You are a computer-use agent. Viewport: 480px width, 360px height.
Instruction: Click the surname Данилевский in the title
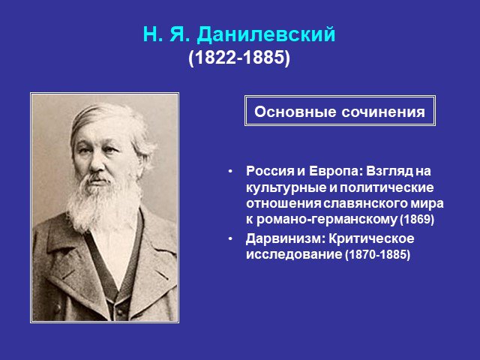click(266, 34)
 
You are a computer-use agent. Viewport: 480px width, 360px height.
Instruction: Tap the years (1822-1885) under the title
click(239, 57)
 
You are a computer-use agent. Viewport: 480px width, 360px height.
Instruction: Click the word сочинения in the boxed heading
click(383, 112)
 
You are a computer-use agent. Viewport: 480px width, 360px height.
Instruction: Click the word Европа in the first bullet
click(335, 171)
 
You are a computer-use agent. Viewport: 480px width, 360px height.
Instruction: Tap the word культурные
click(286, 187)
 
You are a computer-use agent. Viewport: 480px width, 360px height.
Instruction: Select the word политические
click(386, 187)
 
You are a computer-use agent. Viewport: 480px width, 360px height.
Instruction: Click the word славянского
click(364, 203)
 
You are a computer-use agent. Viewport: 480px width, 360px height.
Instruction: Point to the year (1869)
click(417, 220)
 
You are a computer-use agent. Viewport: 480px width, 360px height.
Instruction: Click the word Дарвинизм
click(286, 238)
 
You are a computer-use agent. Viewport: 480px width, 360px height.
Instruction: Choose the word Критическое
click(371, 238)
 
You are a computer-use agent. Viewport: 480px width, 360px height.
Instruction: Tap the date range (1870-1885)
click(377, 254)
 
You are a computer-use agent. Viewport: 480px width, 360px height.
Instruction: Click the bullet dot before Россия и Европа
click(230, 172)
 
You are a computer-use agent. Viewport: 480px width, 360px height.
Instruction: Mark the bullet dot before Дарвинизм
click(230, 238)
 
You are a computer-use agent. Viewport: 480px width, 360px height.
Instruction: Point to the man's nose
click(97, 163)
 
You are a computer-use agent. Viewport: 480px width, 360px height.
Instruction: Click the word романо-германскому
click(326, 220)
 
